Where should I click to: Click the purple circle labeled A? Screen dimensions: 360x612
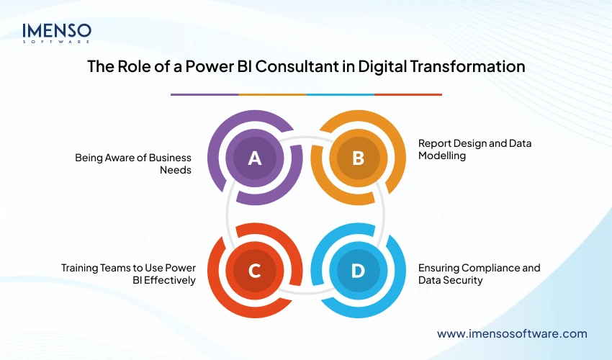click(254, 158)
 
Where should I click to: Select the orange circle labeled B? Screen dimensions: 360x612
click(358, 158)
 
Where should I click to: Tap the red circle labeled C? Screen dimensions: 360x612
click(254, 271)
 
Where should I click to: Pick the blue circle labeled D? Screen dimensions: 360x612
click(358, 271)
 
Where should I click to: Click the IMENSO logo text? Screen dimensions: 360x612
click(57, 30)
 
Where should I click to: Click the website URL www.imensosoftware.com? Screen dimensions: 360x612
click(512, 333)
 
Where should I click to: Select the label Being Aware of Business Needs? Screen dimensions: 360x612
click(133, 163)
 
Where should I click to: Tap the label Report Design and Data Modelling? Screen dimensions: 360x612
click(474, 149)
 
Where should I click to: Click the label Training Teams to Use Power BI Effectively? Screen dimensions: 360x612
click(128, 274)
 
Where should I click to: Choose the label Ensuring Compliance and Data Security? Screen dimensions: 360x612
click(479, 274)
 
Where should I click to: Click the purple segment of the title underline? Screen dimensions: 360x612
click(204, 94)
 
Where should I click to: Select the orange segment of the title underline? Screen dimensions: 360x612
click(271, 94)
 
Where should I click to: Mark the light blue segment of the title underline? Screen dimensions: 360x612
click(340, 94)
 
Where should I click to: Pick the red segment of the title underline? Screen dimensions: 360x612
click(408, 94)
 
